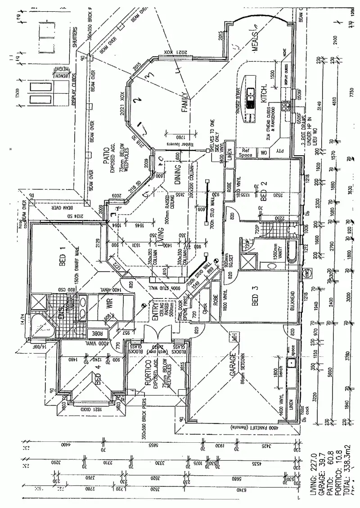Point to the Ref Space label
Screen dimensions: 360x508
(245, 153)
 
